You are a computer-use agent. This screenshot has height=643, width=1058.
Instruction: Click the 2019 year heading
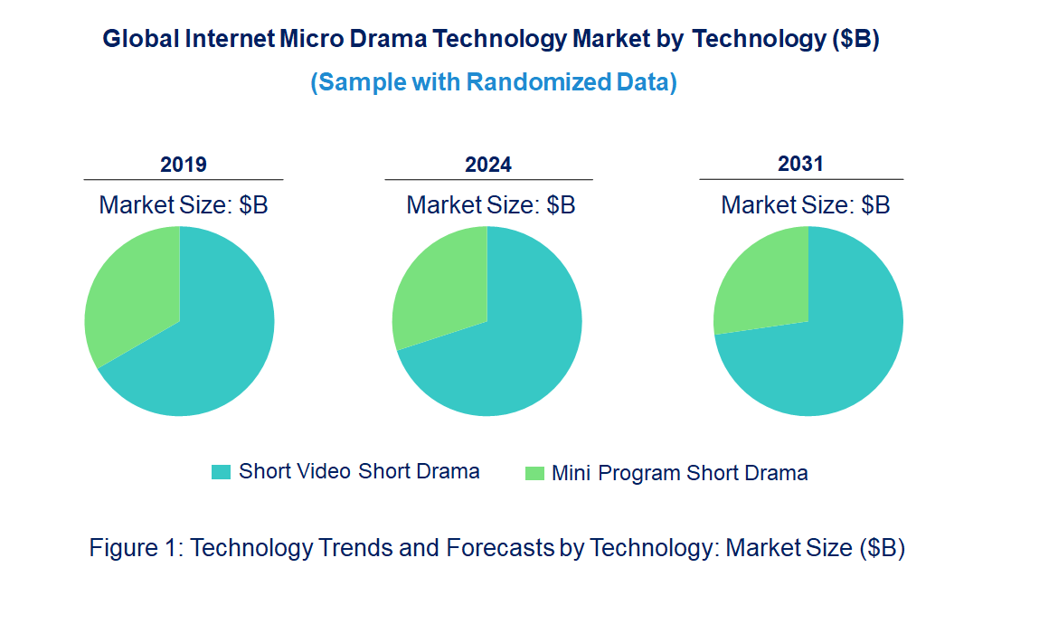coord(184,165)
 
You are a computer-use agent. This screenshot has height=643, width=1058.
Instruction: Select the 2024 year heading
coord(488,165)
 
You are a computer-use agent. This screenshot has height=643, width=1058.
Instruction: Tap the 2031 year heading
coord(800,164)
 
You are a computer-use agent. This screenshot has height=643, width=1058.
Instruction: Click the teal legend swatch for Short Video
coord(221,472)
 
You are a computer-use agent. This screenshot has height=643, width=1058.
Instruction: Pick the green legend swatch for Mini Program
coord(534,473)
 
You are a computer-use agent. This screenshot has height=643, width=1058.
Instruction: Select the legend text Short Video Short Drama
coord(359,471)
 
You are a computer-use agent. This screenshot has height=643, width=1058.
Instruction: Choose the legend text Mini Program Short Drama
coord(679,473)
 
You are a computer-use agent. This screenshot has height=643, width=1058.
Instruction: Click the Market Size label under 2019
coord(184,205)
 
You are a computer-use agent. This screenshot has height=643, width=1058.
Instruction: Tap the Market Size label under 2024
coord(490,205)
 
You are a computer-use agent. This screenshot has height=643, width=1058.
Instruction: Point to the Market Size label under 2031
coord(805,205)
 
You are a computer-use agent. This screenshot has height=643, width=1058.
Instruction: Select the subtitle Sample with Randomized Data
coord(494,82)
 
